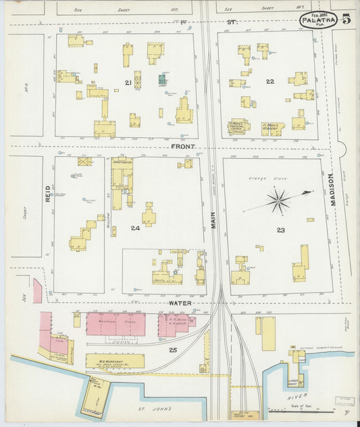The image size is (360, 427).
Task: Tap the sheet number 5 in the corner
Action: coord(346,18)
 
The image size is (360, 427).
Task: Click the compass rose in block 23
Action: coord(278,199)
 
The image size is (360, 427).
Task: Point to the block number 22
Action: coord(269,82)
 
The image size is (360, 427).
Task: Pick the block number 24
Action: coord(135,228)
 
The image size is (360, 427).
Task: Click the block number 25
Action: coord(173,349)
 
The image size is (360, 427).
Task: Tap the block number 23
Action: coord(280,230)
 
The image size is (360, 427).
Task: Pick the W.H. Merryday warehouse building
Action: coord(115,361)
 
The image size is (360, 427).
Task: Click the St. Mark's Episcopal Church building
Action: coord(238,126)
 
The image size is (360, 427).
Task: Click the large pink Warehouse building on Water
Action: coord(115,324)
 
